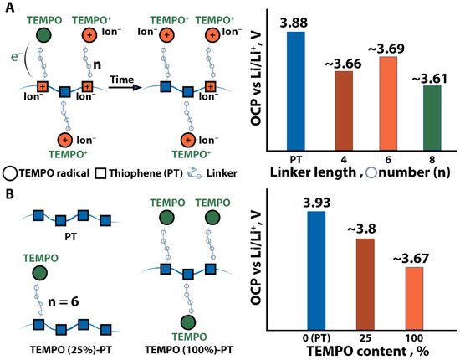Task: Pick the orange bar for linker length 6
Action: tap(384, 104)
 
